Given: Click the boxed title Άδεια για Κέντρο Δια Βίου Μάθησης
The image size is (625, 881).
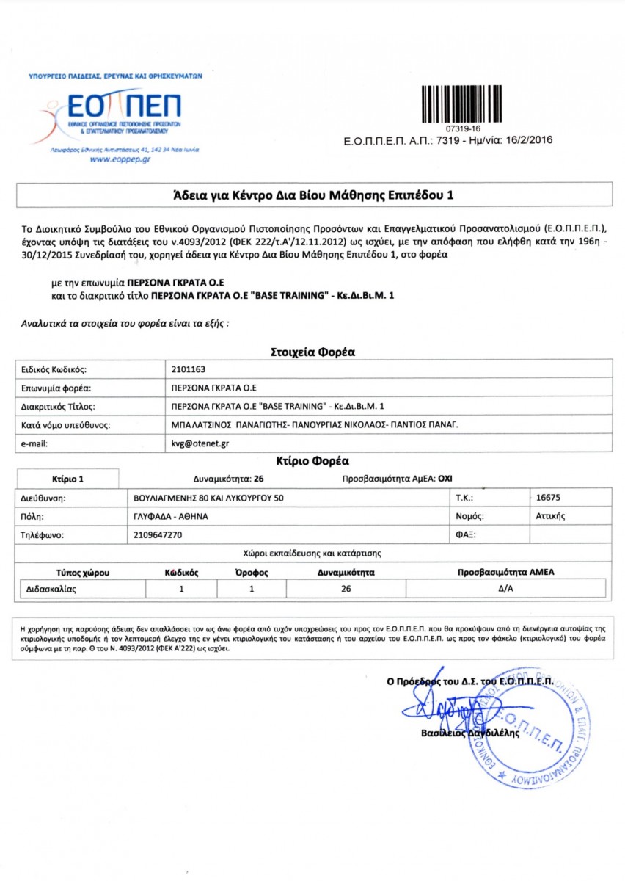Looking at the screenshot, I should click(x=313, y=195).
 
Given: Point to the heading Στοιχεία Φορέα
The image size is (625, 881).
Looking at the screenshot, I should click(x=313, y=352).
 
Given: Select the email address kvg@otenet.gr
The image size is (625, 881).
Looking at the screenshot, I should click(x=195, y=443).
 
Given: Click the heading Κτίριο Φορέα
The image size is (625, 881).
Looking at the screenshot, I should click(x=313, y=461).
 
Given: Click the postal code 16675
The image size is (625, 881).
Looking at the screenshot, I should click(x=549, y=497).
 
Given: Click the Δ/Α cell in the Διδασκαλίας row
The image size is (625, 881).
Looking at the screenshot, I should click(x=505, y=589).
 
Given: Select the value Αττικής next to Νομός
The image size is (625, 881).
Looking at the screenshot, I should click(x=550, y=516).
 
